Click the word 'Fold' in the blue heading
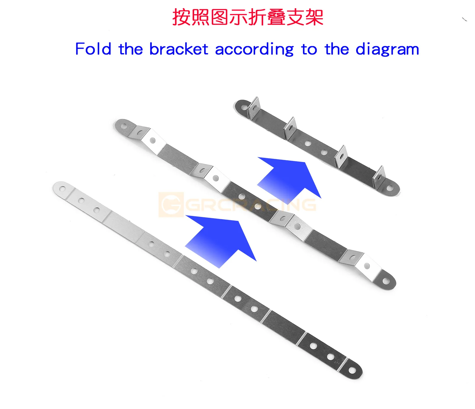click(93, 49)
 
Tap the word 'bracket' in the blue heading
click(179, 49)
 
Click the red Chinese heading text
click(248, 17)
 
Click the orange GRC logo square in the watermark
click(171, 204)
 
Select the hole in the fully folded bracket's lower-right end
click(390, 189)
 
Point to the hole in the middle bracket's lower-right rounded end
click(386, 281)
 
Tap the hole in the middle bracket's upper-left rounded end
click(124, 126)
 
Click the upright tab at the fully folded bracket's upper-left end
click(254, 106)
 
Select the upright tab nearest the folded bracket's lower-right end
click(378, 176)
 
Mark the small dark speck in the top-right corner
click(465, 20)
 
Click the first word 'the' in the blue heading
click(130, 49)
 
